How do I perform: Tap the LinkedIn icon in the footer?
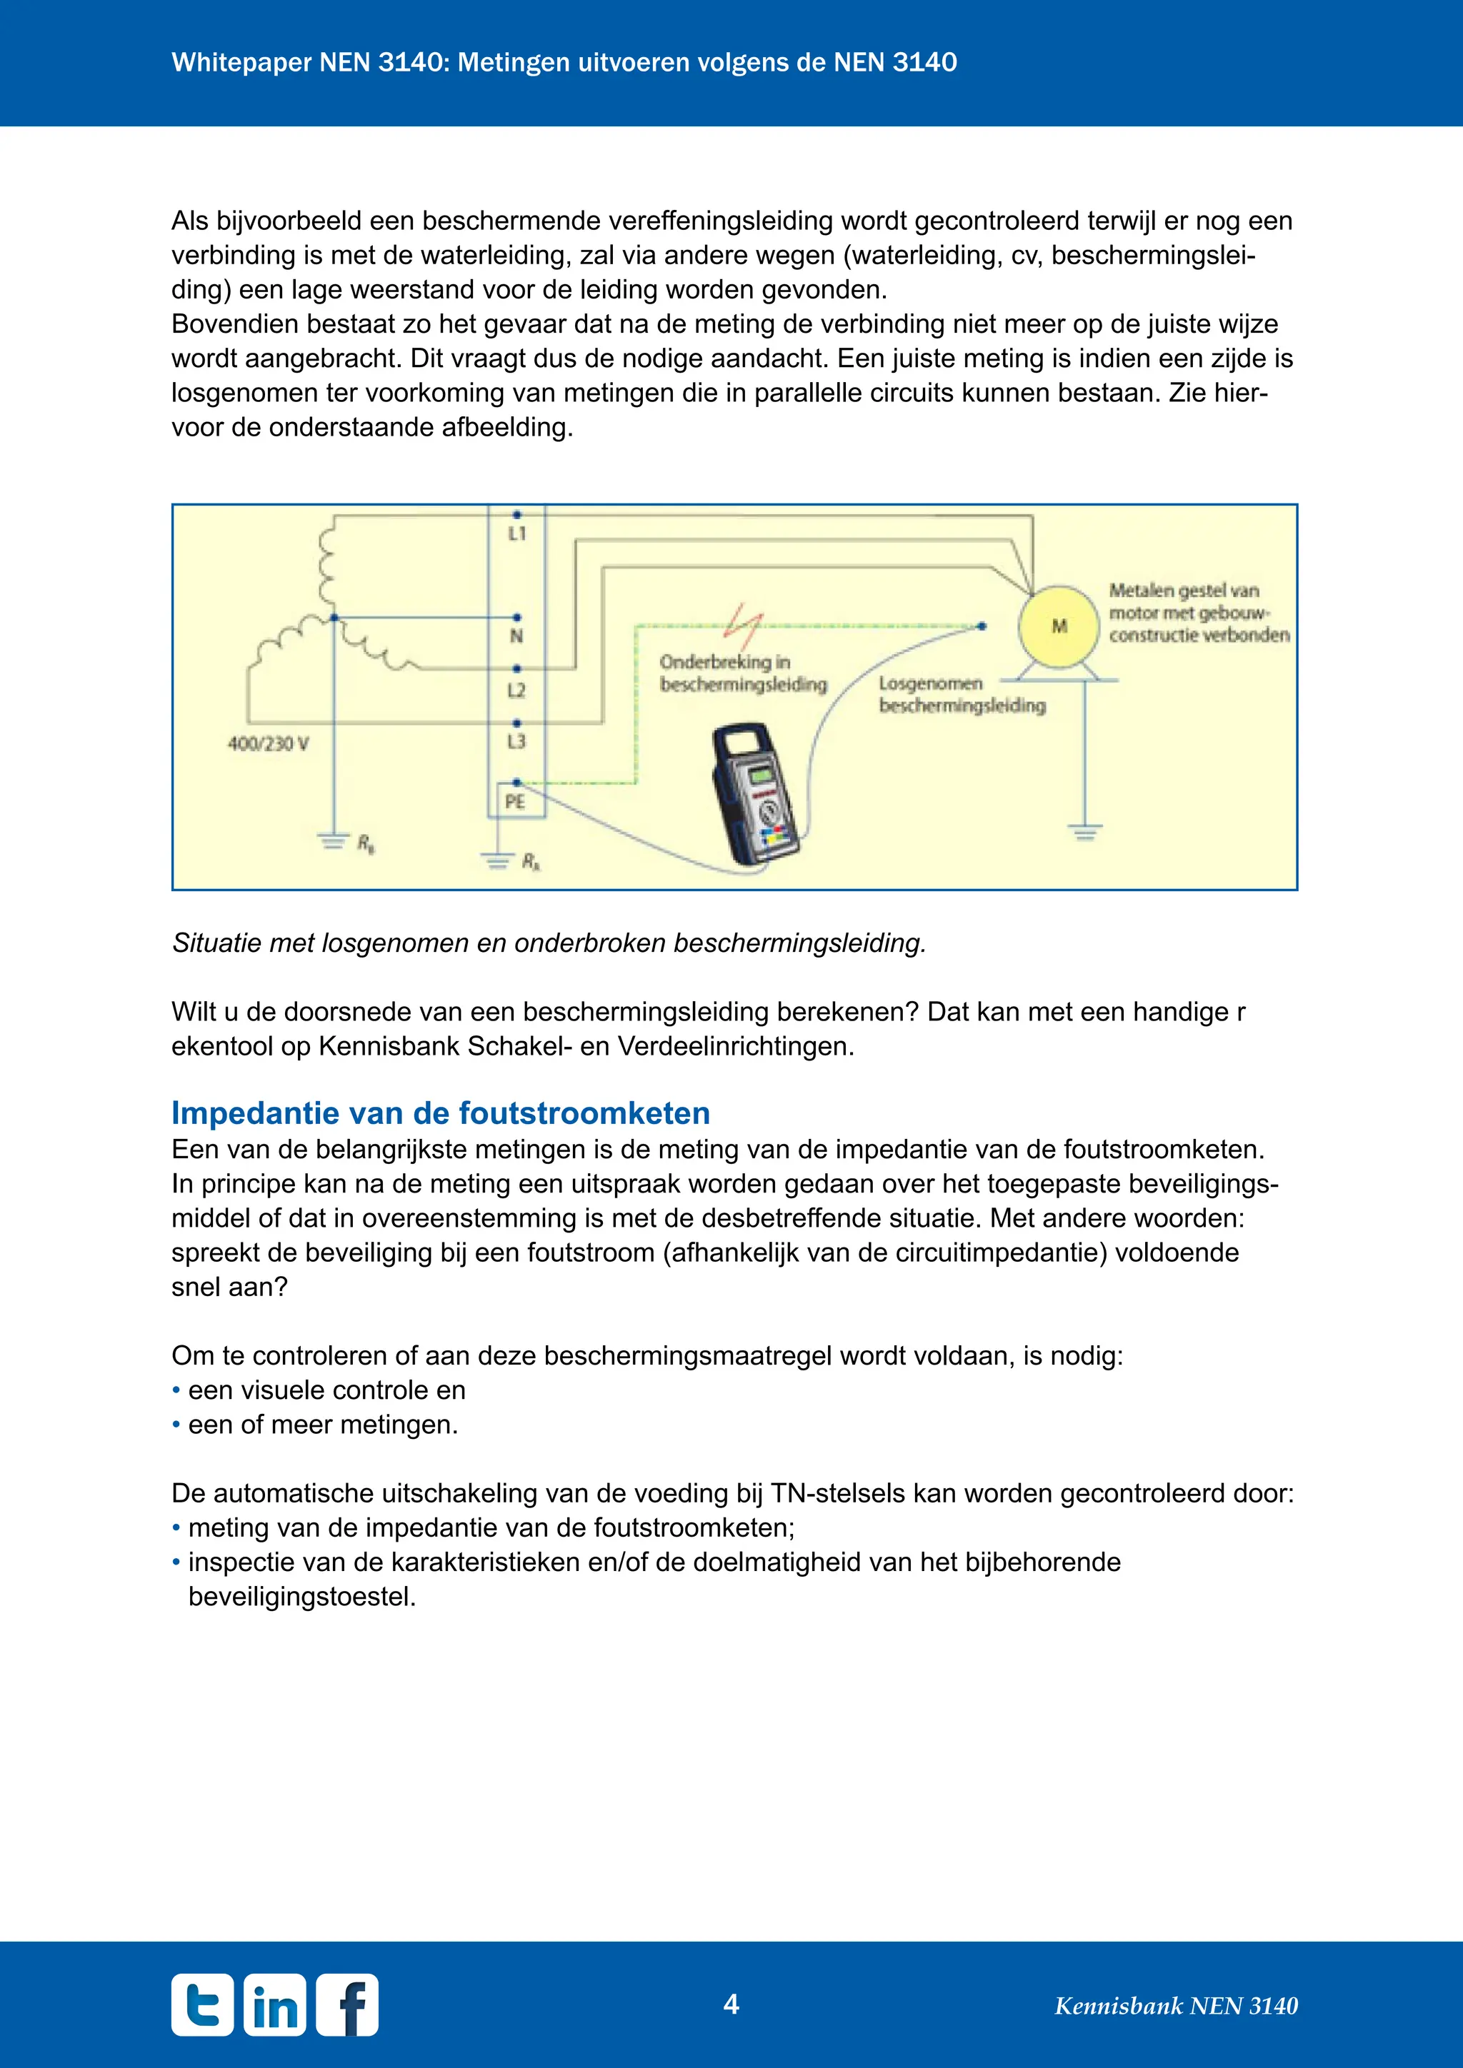275,2005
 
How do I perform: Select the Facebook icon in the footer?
348,2005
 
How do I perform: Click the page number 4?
731,2003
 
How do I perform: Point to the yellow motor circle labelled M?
1059,626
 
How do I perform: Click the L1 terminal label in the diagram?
516,533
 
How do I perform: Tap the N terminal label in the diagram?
516,636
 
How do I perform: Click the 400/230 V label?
268,744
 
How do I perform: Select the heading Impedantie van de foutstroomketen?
441,1113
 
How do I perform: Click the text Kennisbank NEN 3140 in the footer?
1176,2006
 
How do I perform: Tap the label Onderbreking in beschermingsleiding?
742,673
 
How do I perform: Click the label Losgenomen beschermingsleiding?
962,694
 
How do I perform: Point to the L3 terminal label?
516,741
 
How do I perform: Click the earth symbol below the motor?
1084,830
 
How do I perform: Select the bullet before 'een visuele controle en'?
176,1390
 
